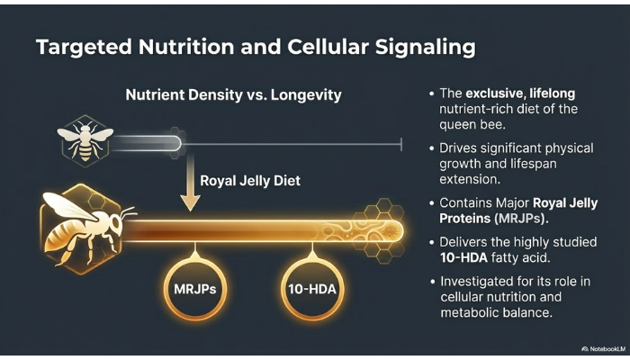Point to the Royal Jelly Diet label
pos(249,181)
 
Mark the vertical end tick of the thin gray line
pos(400,141)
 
